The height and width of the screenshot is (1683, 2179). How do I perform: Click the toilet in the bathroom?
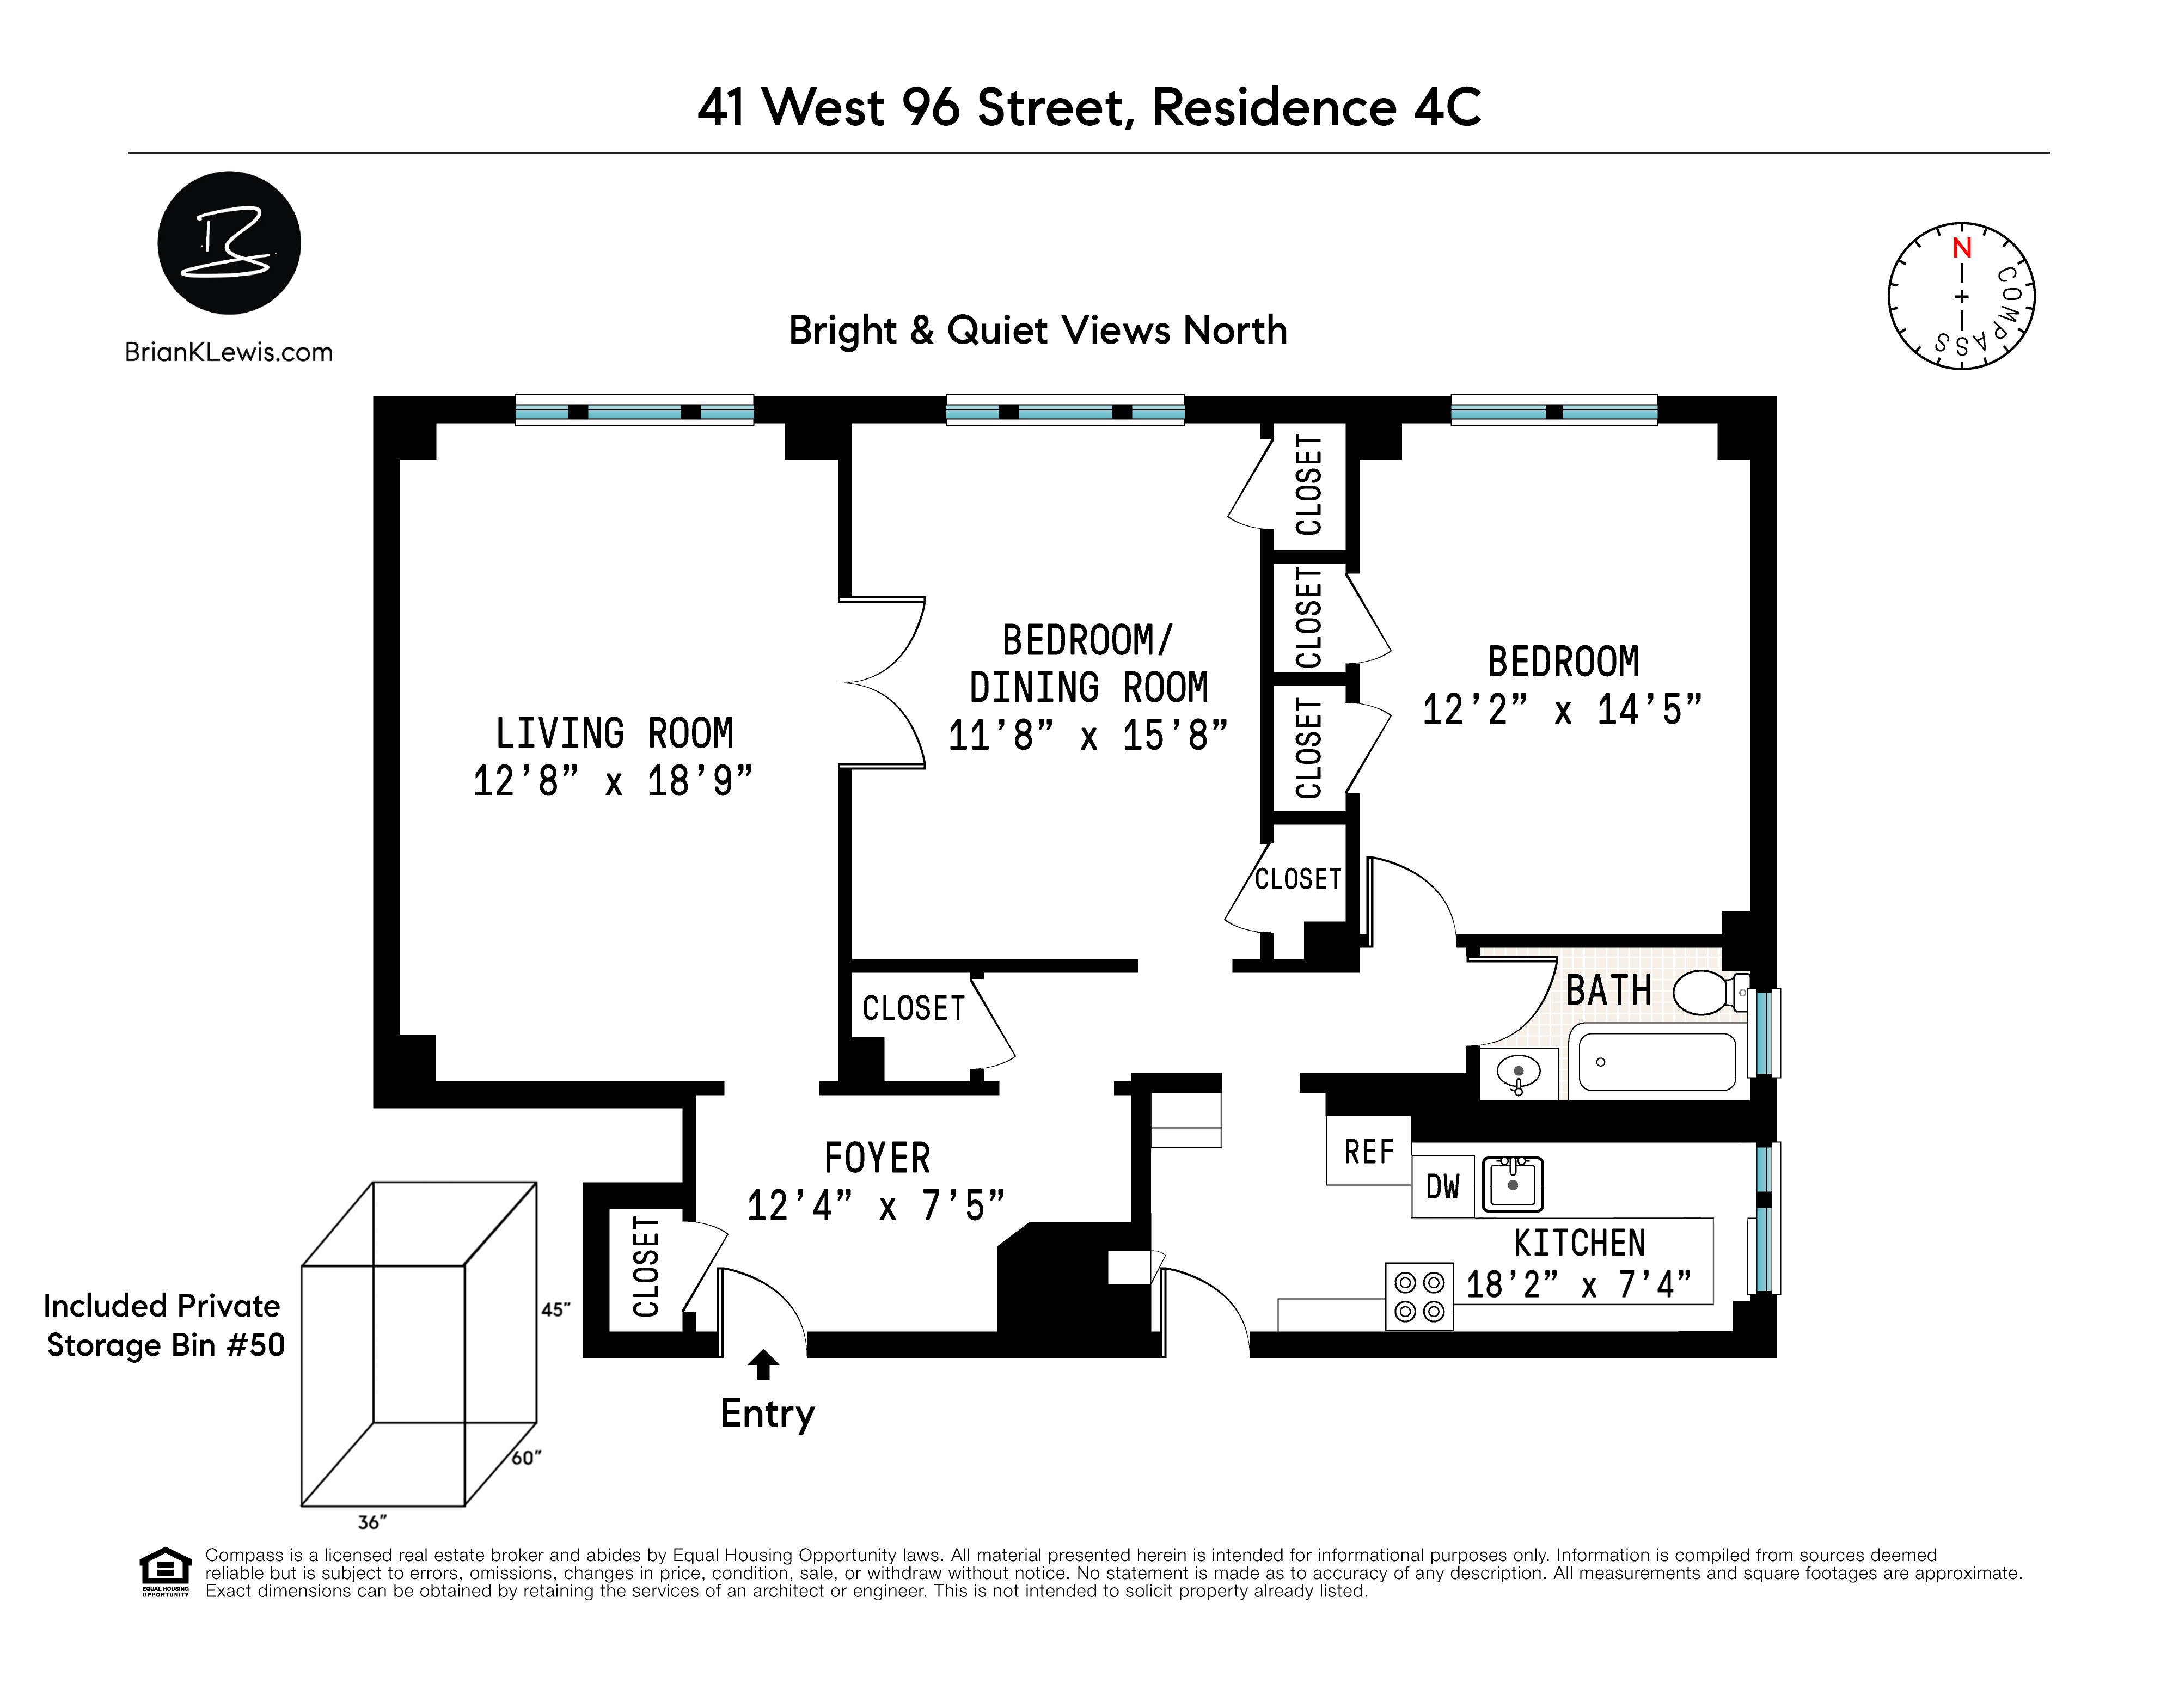(1710, 993)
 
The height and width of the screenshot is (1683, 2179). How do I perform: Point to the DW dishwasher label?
(1443, 1187)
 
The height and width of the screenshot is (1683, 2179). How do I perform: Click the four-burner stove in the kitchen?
(1419, 1296)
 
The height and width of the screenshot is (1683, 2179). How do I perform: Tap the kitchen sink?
(1513, 1184)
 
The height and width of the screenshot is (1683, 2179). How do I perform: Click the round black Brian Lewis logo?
(229, 242)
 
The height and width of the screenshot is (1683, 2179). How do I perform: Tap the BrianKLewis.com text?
(229, 352)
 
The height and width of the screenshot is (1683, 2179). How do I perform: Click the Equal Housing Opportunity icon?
(164, 1571)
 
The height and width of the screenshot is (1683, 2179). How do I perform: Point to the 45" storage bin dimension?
(556, 1310)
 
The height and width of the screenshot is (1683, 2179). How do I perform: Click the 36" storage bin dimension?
(372, 1522)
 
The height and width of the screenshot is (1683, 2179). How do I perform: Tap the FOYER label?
(877, 1158)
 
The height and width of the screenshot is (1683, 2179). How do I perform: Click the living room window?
(634, 411)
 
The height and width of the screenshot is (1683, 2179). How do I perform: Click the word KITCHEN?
(1580, 1243)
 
